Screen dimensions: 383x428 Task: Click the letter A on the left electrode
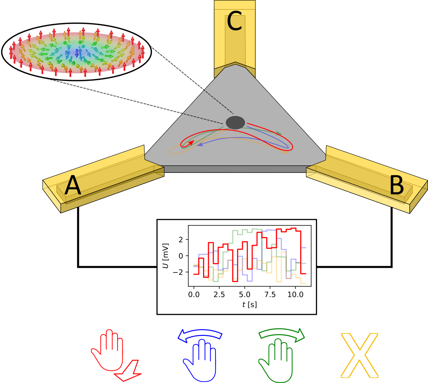point(73,187)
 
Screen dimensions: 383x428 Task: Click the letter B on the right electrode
point(397,187)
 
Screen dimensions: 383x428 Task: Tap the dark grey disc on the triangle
point(235,123)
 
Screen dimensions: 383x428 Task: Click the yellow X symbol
point(359,355)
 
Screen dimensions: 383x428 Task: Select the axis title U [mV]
point(166,255)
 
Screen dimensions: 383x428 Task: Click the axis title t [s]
point(249,304)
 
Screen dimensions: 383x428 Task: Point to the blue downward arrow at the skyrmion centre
point(77,54)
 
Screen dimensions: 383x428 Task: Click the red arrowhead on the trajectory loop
point(191,143)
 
